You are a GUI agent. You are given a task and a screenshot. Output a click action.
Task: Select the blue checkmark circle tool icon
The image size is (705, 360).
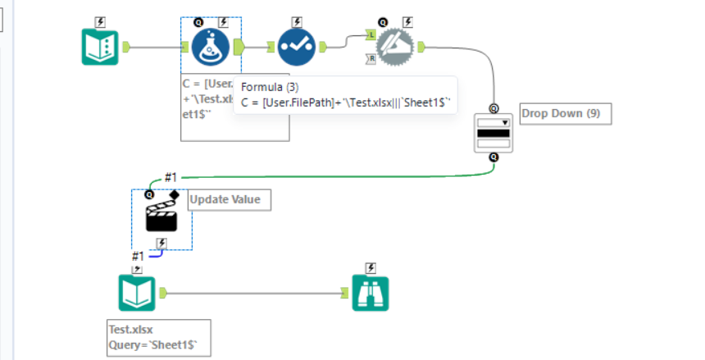(x=296, y=47)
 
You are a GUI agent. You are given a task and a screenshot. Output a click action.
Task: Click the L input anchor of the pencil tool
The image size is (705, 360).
(x=371, y=36)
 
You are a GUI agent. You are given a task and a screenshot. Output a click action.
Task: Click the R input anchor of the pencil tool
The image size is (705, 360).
(x=371, y=58)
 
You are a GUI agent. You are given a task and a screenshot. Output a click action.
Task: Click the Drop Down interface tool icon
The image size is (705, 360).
(x=493, y=132)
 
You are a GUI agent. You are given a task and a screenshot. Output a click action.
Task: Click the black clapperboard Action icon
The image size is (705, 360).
(x=162, y=217)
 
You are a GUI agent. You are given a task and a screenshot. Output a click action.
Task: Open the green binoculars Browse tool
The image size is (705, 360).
(x=371, y=293)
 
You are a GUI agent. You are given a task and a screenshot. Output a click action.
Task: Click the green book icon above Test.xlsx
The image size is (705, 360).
(x=136, y=293)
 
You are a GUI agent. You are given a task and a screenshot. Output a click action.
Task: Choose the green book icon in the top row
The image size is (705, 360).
(x=101, y=47)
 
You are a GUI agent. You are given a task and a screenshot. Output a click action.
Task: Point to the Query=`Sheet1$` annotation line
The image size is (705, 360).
(x=157, y=345)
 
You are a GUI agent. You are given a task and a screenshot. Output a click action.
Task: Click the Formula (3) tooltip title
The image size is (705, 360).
(x=270, y=87)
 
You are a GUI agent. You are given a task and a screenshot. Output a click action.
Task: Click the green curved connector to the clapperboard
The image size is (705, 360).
(x=328, y=175)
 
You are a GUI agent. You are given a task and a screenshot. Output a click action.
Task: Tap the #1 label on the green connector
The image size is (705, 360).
(x=171, y=177)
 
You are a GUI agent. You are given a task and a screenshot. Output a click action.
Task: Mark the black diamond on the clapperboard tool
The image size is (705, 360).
(x=173, y=194)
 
